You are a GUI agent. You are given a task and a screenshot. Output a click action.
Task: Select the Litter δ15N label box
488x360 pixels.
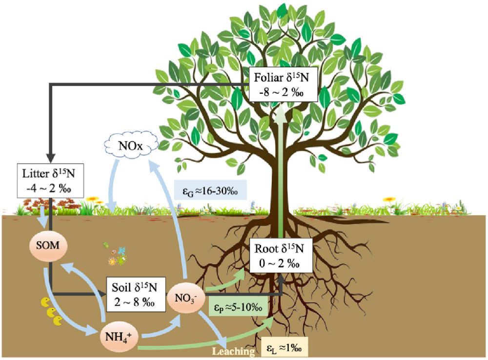(48, 181)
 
